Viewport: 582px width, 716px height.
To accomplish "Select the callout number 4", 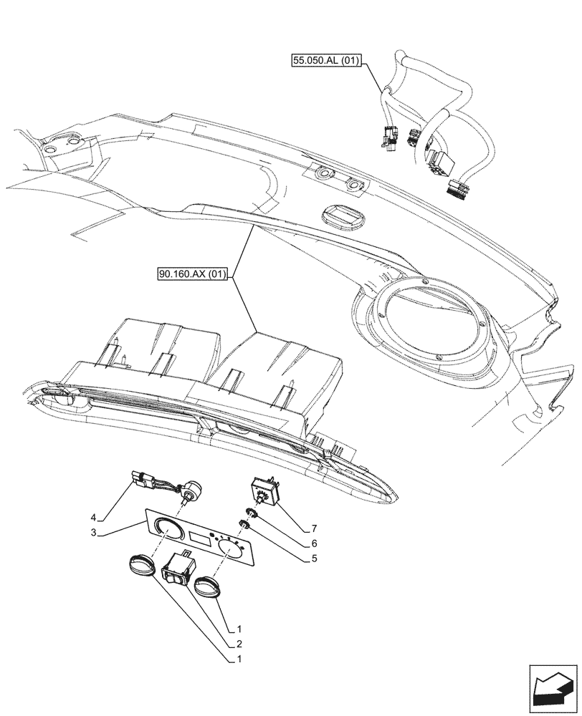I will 93,516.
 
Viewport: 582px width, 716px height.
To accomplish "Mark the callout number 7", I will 314,528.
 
